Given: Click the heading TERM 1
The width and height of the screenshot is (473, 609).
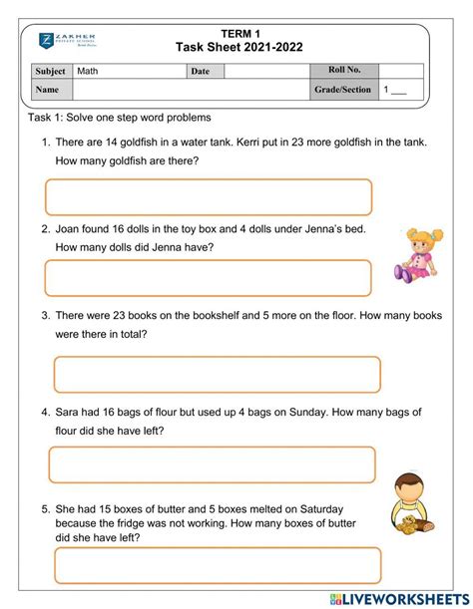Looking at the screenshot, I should [x=239, y=34].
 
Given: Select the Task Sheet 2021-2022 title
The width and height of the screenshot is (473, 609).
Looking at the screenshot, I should [x=239, y=47].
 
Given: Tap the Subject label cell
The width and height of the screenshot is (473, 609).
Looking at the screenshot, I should [x=51, y=72].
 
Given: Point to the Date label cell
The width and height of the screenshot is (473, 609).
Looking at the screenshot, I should [x=201, y=72].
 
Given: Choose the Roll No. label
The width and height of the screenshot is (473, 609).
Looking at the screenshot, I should [x=344, y=70].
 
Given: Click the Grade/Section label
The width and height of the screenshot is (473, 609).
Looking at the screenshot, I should [x=342, y=90].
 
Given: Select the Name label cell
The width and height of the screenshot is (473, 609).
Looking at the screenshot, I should [x=47, y=90].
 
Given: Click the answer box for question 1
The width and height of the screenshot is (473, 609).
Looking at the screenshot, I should [x=209, y=196].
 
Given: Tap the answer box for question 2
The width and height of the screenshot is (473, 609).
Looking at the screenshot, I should [x=209, y=277].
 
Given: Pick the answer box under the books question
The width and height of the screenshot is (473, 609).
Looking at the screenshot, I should [x=217, y=374].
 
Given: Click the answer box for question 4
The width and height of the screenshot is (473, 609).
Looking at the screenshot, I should [x=212, y=464].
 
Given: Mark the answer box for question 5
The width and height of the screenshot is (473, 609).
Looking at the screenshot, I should [x=218, y=565].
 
